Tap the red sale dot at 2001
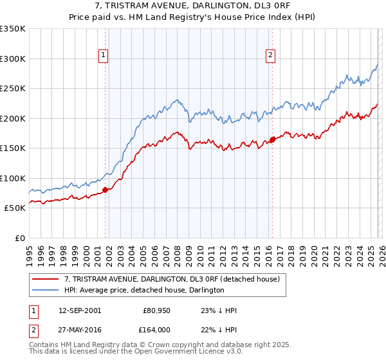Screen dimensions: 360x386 pyautogui.click(x=105, y=190)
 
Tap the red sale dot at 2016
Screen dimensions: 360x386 pyautogui.click(x=272, y=139)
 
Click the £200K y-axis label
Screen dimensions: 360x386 pyautogui.click(x=13, y=119)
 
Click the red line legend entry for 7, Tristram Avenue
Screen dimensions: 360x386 pyautogui.click(x=172, y=280)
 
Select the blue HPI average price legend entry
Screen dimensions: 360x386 pyautogui.click(x=144, y=291)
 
